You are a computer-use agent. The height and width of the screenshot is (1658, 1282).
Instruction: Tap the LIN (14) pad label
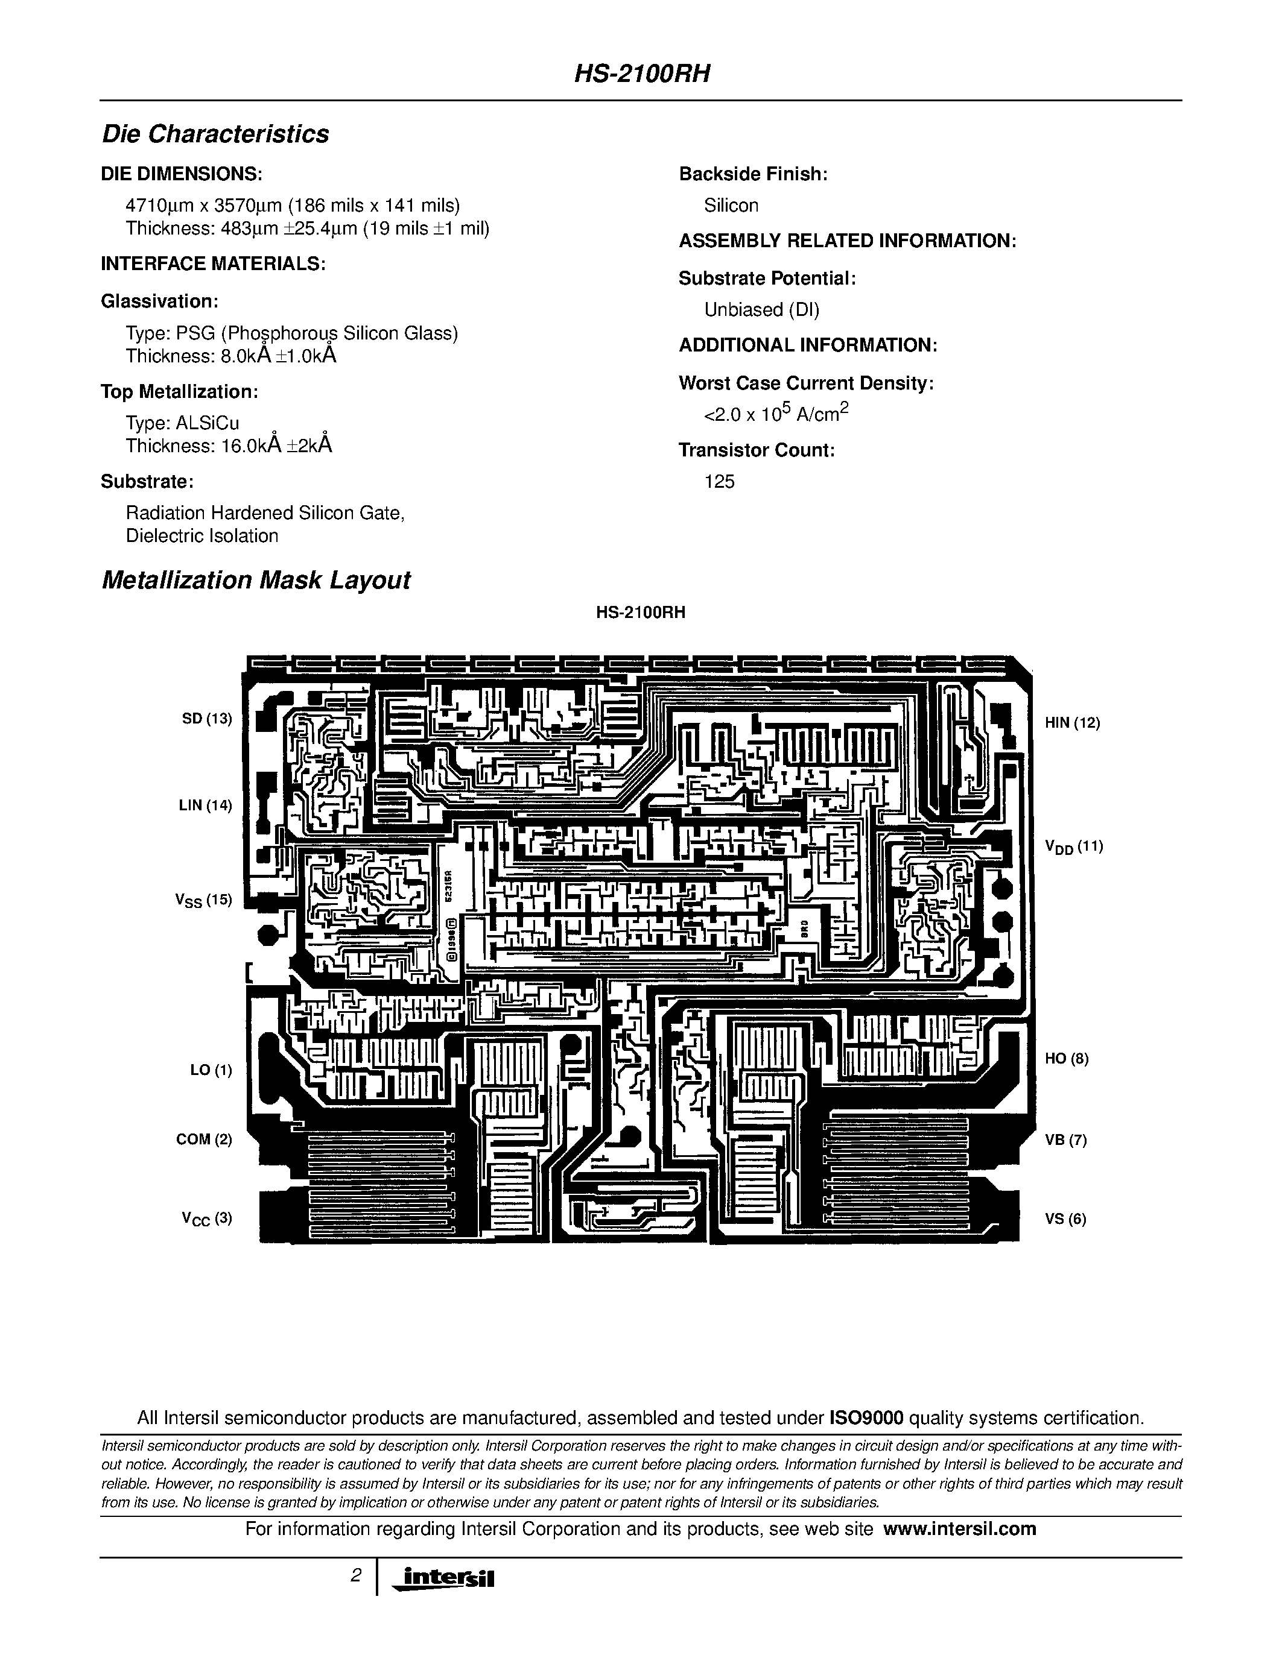click(205, 805)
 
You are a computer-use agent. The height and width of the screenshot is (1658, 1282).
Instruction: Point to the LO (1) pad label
click(211, 1070)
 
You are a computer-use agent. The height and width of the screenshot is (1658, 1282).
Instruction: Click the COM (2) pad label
click(203, 1139)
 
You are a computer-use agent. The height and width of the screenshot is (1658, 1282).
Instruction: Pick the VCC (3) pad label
click(206, 1219)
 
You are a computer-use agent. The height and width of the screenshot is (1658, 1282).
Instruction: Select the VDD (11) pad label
click(1074, 847)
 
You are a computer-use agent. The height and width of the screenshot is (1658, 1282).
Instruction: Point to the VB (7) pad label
click(1065, 1140)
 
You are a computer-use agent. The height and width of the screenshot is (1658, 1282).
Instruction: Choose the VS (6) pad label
click(1065, 1219)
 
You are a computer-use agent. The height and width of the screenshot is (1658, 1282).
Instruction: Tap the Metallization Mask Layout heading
click(256, 580)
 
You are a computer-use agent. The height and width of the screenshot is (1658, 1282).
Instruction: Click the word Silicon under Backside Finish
click(731, 205)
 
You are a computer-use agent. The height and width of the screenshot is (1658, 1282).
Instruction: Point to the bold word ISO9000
click(866, 1418)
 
